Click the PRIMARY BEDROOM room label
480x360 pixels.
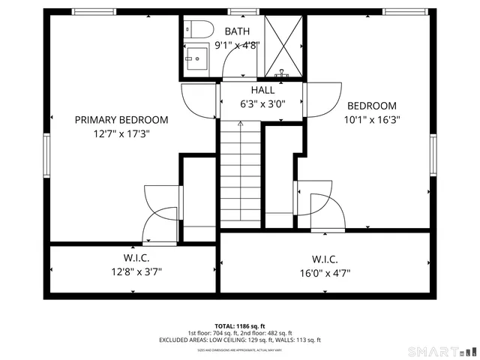coord(121,120)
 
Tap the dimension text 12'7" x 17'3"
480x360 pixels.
coord(121,134)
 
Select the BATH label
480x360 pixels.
coord(237,31)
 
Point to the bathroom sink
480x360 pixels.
coord(196,57)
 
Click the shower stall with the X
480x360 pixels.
coord(283,46)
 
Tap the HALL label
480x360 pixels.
coord(262,90)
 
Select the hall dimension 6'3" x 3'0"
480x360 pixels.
coord(262,104)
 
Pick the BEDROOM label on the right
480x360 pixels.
coord(370,106)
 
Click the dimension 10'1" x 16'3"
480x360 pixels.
coord(370,119)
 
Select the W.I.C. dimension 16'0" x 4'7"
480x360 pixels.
coord(325,273)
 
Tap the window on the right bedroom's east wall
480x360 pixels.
coord(433,156)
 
